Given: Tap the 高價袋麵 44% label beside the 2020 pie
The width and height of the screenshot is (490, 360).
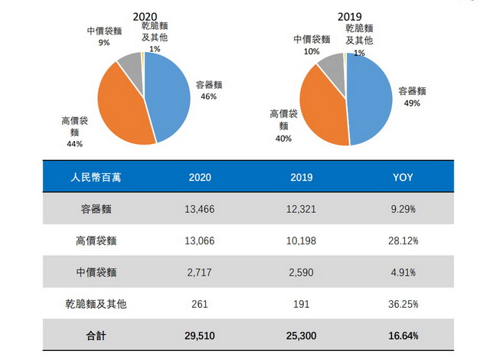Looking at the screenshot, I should coord(74,131).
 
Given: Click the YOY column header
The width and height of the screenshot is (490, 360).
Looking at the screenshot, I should coord(403,177).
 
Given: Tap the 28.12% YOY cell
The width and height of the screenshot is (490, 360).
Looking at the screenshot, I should coord(403,241).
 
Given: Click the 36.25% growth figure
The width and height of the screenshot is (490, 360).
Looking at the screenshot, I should coord(403,303).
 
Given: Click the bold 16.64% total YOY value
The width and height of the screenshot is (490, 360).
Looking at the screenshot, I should coord(403,335).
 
